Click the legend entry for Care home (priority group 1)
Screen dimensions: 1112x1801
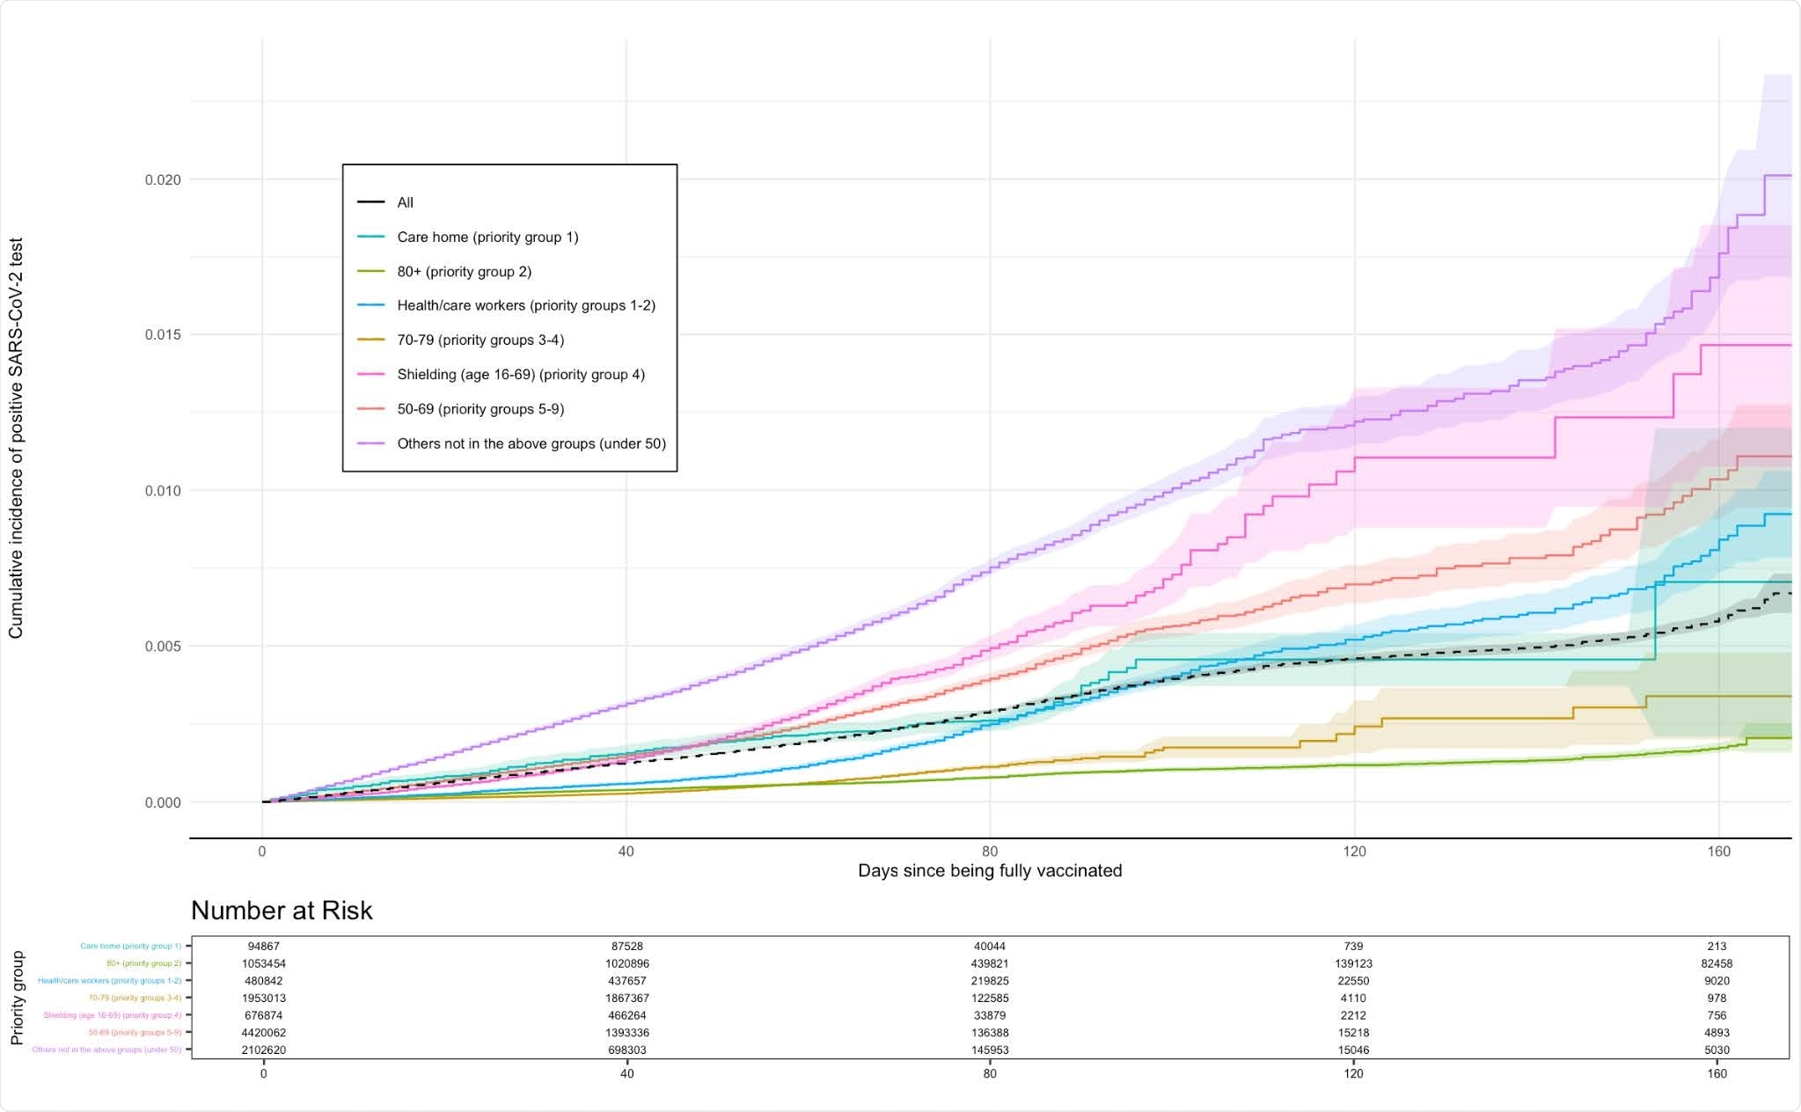487,237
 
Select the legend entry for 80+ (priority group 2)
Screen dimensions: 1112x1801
464,271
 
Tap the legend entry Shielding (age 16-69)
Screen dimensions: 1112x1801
520,375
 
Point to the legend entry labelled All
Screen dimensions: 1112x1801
404,202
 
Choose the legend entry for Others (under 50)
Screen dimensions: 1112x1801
531,443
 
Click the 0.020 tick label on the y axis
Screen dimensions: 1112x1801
163,179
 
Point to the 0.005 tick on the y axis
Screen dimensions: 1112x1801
163,647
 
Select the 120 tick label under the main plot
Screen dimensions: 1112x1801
1354,852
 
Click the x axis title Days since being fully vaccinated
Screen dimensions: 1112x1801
990,871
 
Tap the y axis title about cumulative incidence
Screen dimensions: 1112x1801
16,438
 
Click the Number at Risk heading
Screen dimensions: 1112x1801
282,910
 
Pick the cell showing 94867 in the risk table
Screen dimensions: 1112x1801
263,947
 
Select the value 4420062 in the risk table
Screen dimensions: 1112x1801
263,1033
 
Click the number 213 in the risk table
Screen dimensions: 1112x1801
1717,947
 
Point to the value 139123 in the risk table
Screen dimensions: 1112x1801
1353,964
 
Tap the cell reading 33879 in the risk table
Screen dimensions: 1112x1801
990,1015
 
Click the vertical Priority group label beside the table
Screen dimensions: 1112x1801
17,998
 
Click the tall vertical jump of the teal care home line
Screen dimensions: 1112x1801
1655,620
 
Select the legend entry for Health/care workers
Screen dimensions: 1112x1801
525,305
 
